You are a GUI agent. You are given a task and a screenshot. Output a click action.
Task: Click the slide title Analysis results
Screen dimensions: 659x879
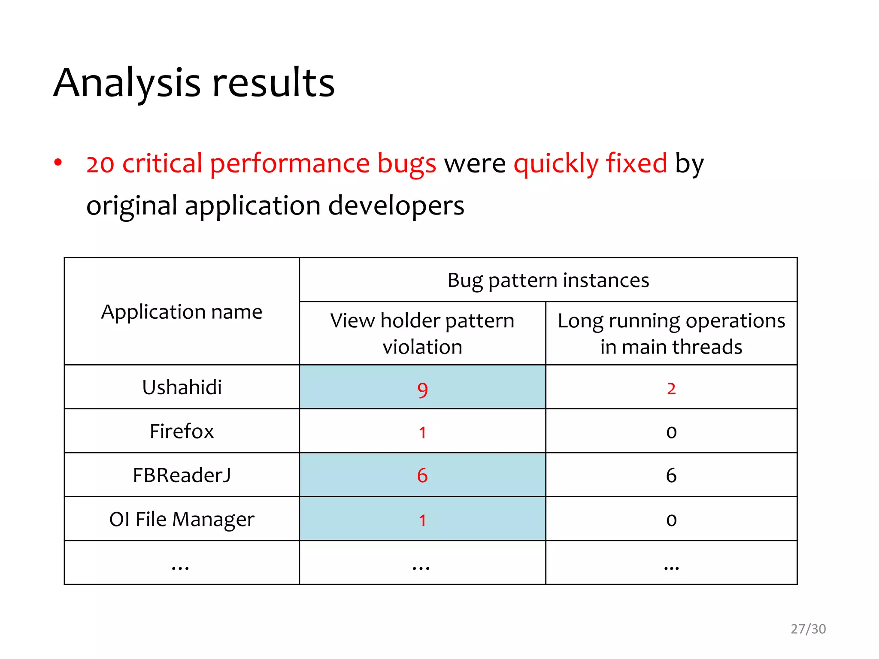point(194,82)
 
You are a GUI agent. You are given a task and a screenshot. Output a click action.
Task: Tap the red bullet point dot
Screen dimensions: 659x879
point(58,163)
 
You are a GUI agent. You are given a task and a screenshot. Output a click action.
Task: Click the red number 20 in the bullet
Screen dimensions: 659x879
point(100,164)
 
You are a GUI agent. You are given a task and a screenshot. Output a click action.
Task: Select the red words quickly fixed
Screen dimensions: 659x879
point(590,163)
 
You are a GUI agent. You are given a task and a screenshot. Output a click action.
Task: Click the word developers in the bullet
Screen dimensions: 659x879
point(396,206)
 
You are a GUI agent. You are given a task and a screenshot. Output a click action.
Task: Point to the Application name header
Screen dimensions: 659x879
point(182,312)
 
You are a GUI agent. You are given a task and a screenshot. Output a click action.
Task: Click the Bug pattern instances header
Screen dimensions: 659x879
point(548,280)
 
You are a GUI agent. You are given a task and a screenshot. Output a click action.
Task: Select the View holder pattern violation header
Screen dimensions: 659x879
point(422,333)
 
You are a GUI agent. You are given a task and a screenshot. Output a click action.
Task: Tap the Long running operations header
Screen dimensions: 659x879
point(671,333)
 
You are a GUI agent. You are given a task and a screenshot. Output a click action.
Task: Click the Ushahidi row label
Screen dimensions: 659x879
point(182,387)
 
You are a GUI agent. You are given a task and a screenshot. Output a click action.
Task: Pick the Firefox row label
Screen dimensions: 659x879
point(182,431)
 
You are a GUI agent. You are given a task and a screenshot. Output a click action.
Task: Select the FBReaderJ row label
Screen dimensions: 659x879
point(182,475)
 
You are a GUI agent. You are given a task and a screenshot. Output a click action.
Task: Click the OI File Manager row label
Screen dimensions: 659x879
point(182,519)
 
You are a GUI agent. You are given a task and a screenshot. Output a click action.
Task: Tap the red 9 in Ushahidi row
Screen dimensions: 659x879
point(422,390)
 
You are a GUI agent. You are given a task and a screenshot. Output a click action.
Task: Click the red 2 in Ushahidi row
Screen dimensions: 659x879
point(671,388)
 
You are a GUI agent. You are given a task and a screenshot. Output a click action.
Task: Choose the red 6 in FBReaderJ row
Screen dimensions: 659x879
point(422,475)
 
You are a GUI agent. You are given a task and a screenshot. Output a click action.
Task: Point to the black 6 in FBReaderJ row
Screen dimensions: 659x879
point(671,475)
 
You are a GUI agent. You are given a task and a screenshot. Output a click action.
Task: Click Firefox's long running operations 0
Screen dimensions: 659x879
point(671,432)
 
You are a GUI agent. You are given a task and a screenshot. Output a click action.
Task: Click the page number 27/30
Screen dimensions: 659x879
point(808,629)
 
